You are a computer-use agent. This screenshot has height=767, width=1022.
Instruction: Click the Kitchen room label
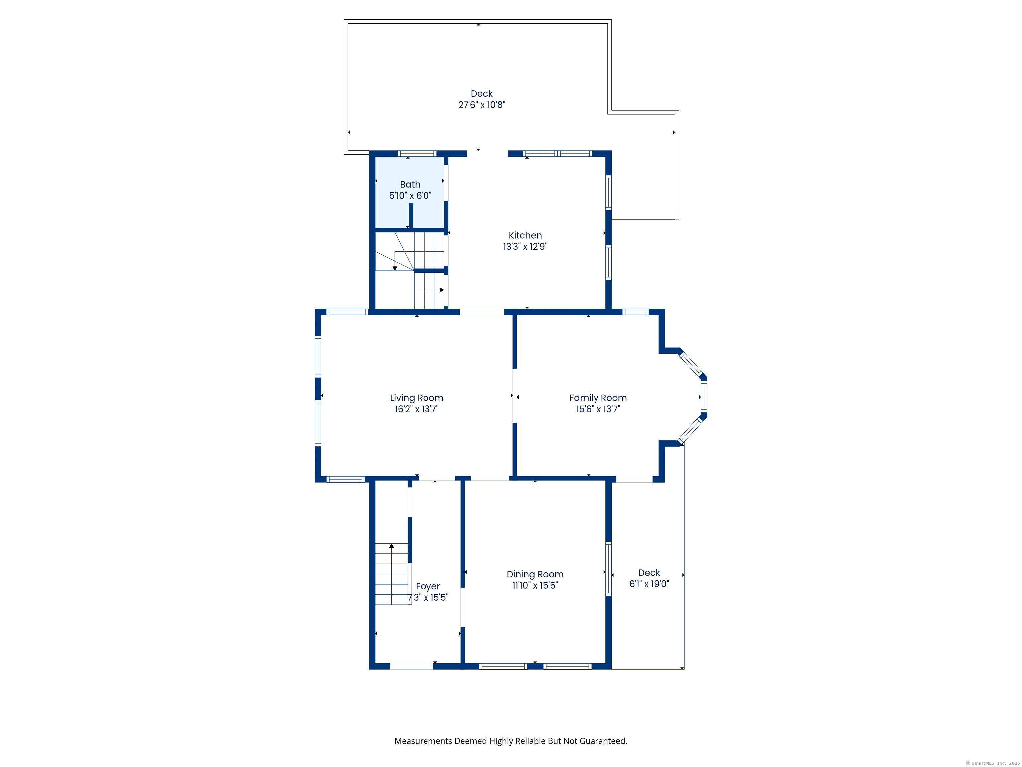coord(525,235)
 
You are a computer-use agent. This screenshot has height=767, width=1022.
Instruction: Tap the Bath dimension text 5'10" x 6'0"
coord(410,195)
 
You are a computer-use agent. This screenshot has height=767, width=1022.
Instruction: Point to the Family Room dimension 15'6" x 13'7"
coord(598,409)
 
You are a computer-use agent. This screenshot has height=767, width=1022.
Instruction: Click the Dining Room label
coord(535,574)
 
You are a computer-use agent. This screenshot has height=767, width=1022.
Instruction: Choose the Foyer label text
coord(427,586)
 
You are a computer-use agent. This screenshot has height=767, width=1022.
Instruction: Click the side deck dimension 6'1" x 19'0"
coord(649,584)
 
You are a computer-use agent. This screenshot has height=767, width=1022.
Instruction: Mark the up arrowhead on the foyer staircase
coord(391,546)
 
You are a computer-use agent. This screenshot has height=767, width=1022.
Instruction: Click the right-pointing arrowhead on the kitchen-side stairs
coord(442,290)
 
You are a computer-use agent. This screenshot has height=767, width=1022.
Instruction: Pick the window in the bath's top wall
coord(417,153)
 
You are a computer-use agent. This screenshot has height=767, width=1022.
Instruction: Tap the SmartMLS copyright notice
coord(992,763)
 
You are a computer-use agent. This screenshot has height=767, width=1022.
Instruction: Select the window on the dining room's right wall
coord(608,569)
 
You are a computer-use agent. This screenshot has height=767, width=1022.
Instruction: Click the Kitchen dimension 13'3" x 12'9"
coord(525,246)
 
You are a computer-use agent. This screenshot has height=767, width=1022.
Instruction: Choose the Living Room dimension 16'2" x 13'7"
coord(416,409)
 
